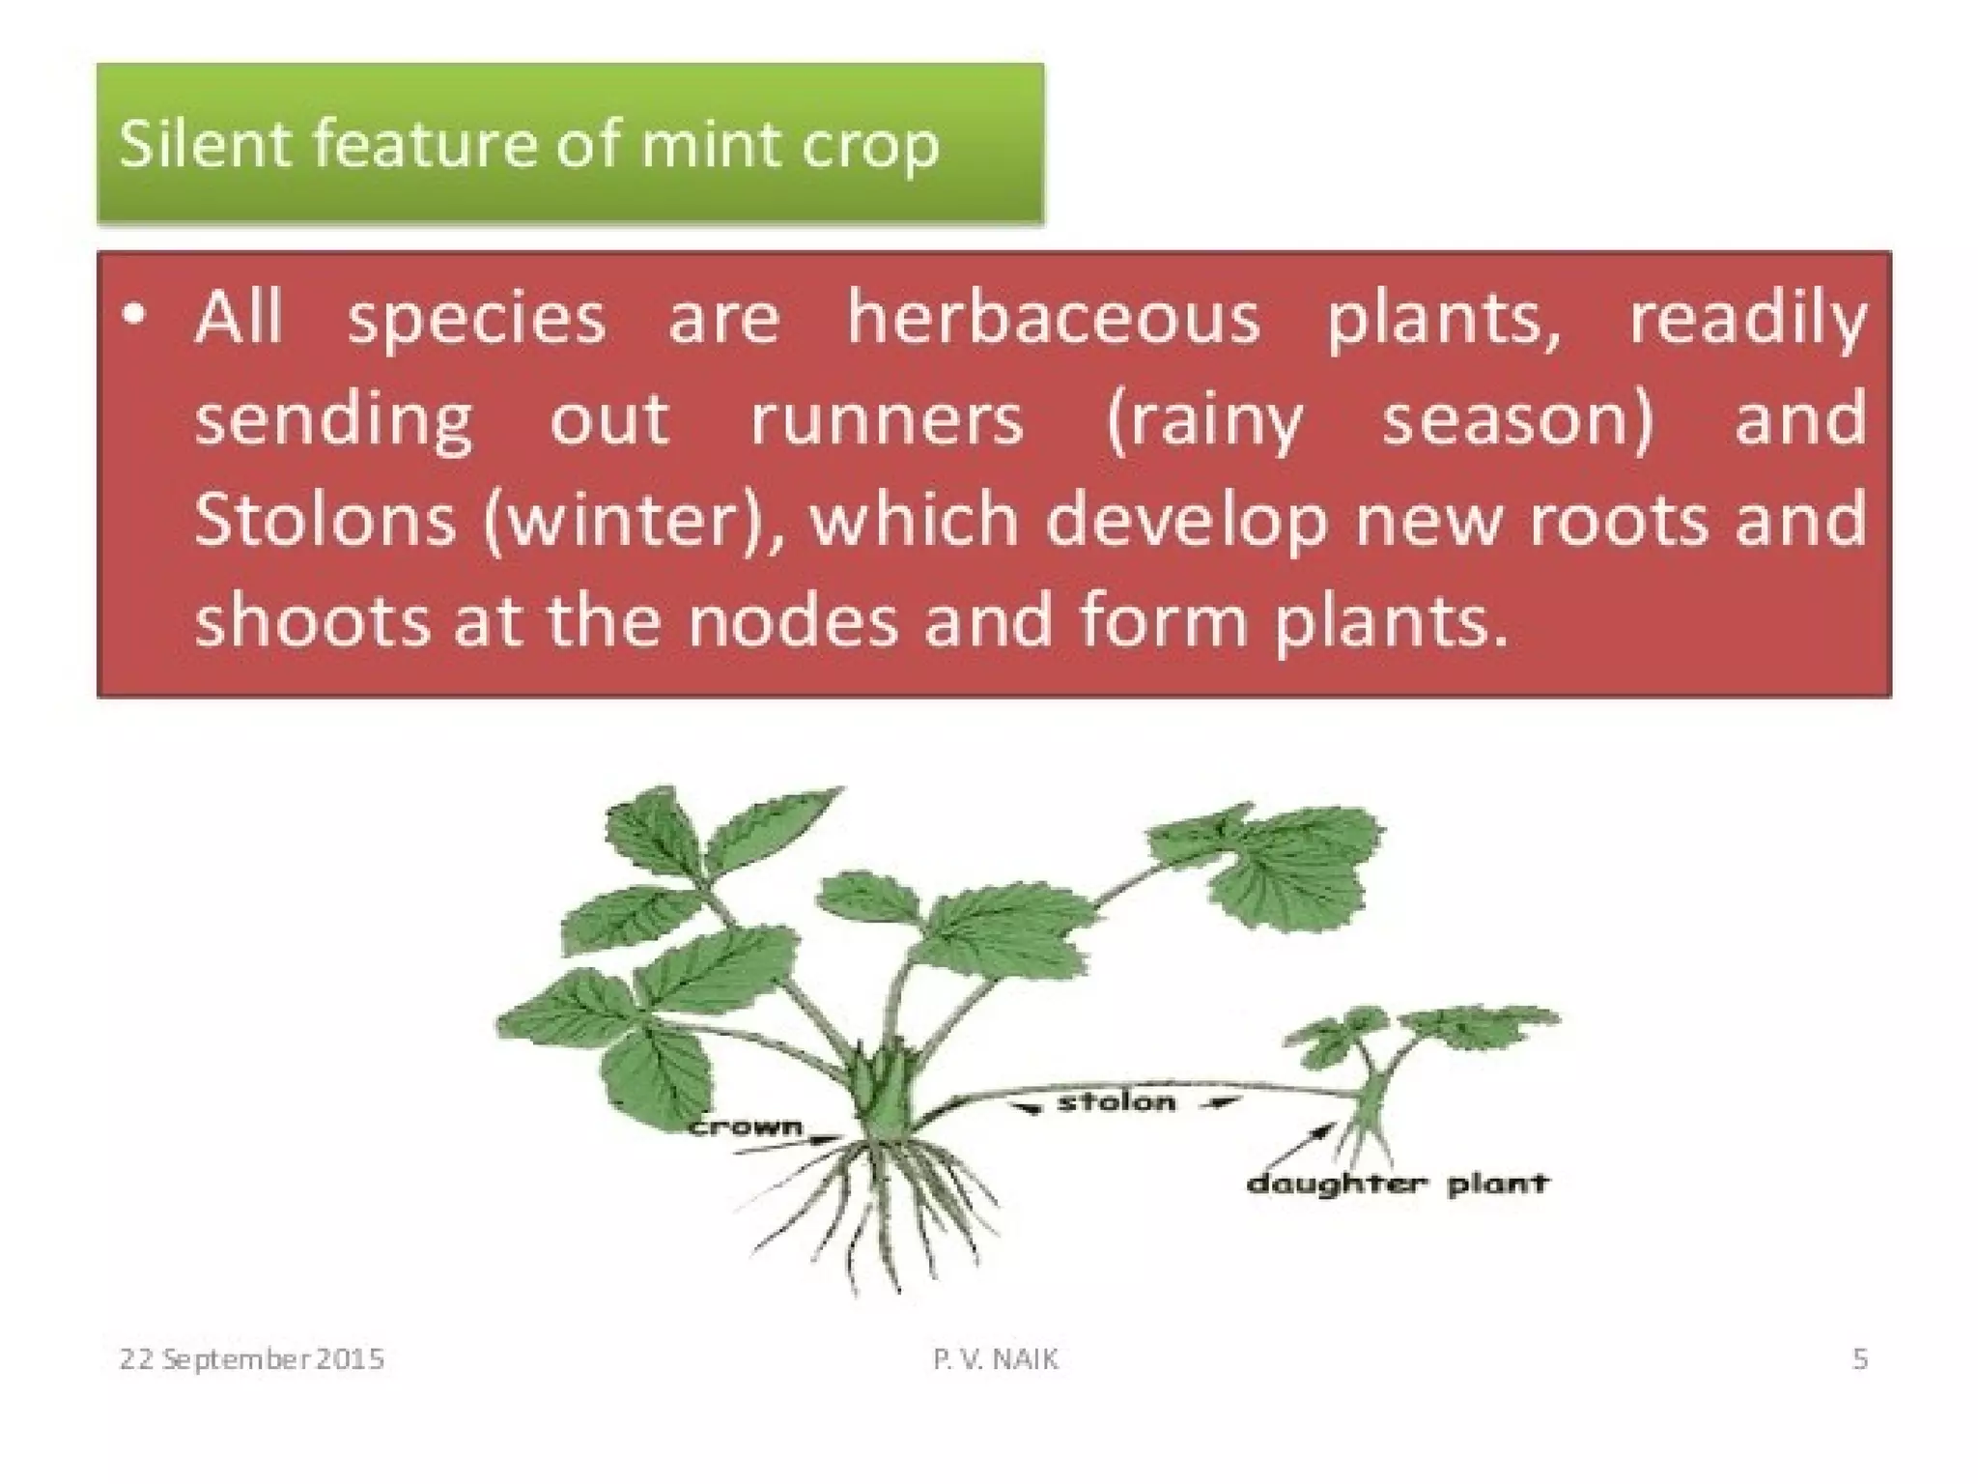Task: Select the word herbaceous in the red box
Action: click(x=1053, y=319)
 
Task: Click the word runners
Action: click(x=886, y=420)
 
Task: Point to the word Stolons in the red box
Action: click(x=325, y=520)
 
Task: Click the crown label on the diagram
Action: click(x=746, y=1127)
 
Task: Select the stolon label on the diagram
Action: click(x=1116, y=1102)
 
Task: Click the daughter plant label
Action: click(x=1397, y=1184)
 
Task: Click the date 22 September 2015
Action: click(x=251, y=1359)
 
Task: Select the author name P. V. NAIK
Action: click(x=995, y=1359)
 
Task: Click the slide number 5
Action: click(x=1859, y=1359)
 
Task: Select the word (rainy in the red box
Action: click(x=1203, y=420)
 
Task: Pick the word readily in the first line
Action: click(x=1747, y=319)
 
